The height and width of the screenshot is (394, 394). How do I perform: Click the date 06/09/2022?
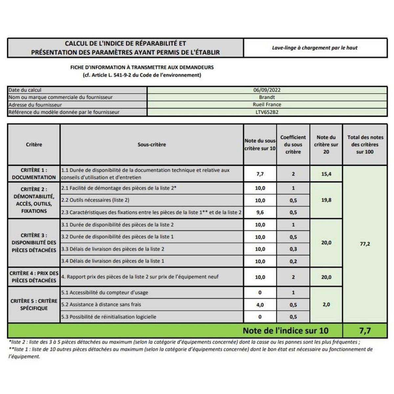pyautogui.click(x=267, y=90)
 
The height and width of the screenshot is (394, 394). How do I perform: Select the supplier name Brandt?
pyautogui.click(x=267, y=97)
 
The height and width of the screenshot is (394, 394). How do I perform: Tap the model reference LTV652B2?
pyautogui.click(x=267, y=112)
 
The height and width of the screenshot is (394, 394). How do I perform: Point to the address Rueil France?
pyautogui.click(x=267, y=104)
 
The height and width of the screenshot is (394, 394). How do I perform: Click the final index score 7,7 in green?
pyautogui.click(x=365, y=331)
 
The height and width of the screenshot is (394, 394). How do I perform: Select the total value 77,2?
pyautogui.click(x=365, y=244)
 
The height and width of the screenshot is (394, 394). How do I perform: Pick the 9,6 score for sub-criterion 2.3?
pyautogui.click(x=260, y=212)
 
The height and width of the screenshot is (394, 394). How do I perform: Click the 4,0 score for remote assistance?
pyautogui.click(x=260, y=305)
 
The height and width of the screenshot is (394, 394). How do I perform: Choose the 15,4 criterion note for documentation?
pyautogui.click(x=326, y=174)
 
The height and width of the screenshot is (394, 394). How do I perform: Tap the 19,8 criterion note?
pyautogui.click(x=326, y=200)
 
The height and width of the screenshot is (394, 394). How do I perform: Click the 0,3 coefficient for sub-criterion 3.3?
pyautogui.click(x=293, y=249)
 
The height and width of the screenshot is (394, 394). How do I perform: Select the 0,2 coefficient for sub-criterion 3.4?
pyautogui.click(x=293, y=261)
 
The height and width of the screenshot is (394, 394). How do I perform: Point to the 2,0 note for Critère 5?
pyautogui.click(x=326, y=304)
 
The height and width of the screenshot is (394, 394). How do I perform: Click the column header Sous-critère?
pyautogui.click(x=152, y=144)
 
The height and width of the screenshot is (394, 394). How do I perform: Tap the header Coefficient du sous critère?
pyautogui.click(x=293, y=144)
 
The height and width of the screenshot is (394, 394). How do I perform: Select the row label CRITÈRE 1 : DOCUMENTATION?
pyautogui.click(x=34, y=174)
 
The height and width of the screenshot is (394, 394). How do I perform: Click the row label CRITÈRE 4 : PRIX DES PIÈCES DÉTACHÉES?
pyautogui.click(x=34, y=277)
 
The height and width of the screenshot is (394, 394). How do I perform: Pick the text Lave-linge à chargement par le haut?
pyautogui.click(x=315, y=48)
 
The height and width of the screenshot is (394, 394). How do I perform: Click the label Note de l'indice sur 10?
pyautogui.click(x=285, y=331)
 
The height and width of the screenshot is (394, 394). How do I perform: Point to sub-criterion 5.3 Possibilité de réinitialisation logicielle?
pyautogui.click(x=109, y=317)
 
